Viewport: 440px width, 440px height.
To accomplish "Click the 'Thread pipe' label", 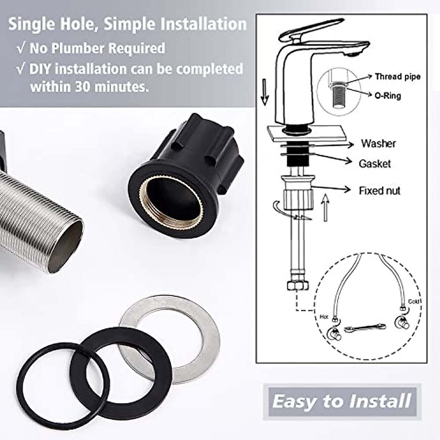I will point(397,77).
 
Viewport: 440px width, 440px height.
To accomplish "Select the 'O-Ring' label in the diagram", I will point(388,96).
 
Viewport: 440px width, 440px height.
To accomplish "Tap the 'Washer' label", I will point(378,143).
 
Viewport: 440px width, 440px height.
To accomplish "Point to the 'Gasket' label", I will point(375,164).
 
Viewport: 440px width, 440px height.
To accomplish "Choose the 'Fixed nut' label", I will point(379,191).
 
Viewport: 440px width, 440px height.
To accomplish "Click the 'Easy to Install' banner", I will point(341,401).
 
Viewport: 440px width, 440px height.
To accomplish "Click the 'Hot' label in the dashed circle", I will point(324,316).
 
